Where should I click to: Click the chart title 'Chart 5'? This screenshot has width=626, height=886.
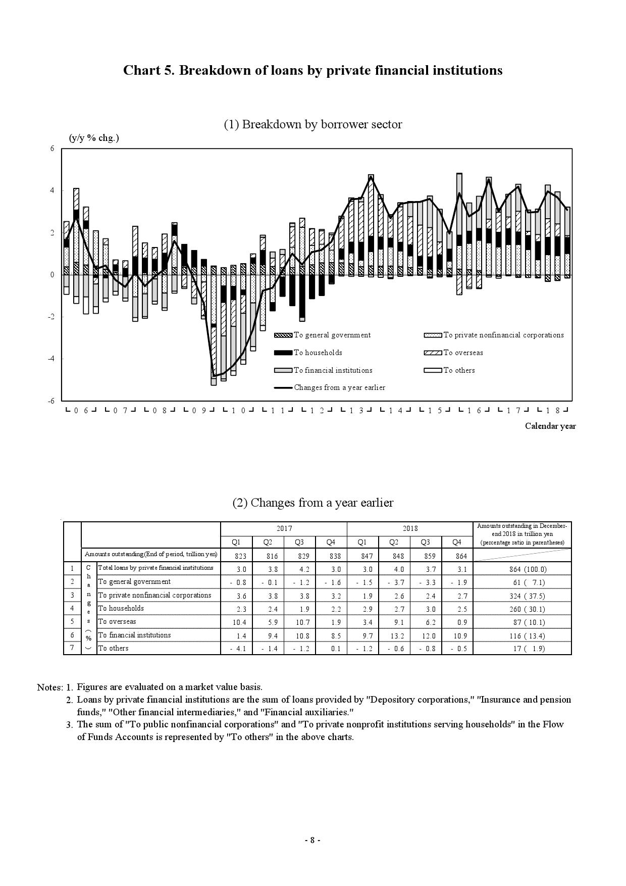(x=312, y=70)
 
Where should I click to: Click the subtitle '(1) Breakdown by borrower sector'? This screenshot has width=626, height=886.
(x=312, y=124)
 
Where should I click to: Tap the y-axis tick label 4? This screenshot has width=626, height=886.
(x=52, y=190)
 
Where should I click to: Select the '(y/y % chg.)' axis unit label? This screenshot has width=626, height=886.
(x=94, y=138)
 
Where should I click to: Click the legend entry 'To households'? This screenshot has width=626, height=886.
(x=318, y=353)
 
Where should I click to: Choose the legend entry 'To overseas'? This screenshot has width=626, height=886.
(x=463, y=353)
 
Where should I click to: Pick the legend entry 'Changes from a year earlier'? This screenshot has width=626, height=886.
(x=339, y=387)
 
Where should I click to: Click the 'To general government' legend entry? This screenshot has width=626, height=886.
(x=332, y=335)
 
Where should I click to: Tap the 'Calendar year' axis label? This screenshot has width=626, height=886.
(x=550, y=426)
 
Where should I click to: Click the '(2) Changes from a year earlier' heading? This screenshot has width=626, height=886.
(x=312, y=503)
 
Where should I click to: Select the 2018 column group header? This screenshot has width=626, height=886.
(x=410, y=528)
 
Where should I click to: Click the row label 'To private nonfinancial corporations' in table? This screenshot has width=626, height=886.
(x=154, y=595)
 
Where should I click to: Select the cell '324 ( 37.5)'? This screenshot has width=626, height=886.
(x=523, y=596)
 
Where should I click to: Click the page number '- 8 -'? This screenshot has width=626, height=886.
(x=312, y=840)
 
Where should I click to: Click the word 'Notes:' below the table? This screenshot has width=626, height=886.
(x=49, y=687)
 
